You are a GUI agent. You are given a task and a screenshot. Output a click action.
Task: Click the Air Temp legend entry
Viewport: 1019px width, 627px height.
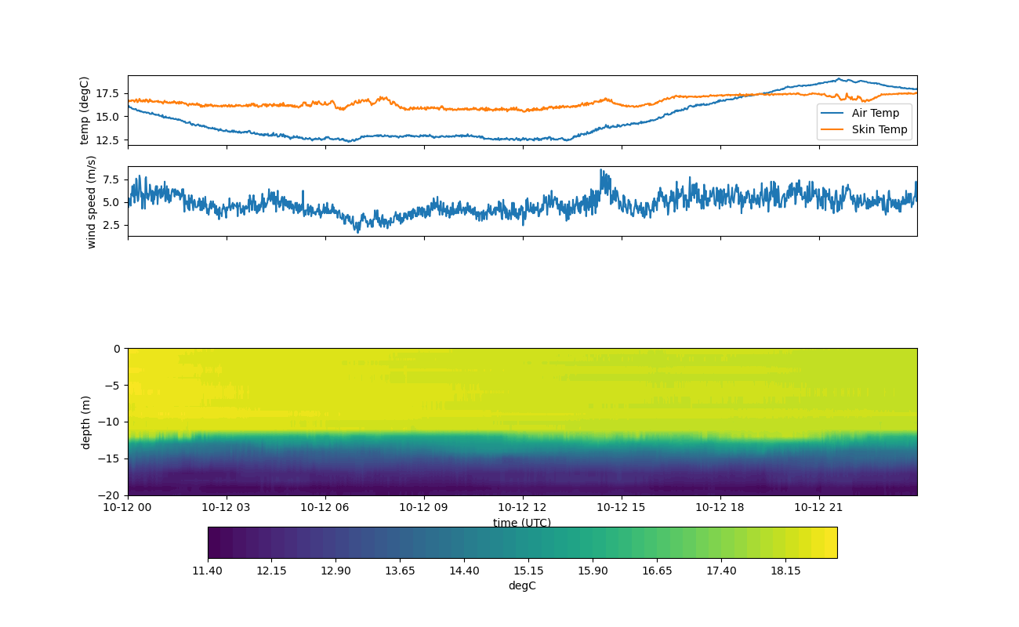tap(875, 113)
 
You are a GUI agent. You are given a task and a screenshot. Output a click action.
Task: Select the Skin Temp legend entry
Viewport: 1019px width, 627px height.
tap(879, 129)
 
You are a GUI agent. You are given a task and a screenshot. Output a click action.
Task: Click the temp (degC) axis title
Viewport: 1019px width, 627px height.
tap(85, 110)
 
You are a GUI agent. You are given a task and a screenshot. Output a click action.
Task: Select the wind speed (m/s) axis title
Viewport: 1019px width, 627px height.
tap(92, 201)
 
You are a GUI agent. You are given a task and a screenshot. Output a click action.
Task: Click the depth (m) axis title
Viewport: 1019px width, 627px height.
tap(86, 422)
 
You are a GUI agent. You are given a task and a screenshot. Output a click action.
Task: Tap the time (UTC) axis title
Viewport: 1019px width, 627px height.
tap(522, 523)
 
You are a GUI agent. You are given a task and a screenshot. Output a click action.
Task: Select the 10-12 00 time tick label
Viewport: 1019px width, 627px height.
tap(128, 508)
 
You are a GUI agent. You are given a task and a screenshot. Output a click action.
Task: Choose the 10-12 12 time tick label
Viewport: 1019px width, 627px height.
tap(522, 508)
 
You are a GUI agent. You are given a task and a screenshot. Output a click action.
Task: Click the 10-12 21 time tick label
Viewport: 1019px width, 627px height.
tap(818, 508)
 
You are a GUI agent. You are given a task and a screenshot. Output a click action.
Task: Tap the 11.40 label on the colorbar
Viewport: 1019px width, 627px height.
tap(208, 571)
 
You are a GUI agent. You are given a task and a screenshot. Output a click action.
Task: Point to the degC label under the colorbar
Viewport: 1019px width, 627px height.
tap(522, 585)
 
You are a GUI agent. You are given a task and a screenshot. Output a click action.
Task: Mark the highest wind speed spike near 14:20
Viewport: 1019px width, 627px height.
tap(601, 170)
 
